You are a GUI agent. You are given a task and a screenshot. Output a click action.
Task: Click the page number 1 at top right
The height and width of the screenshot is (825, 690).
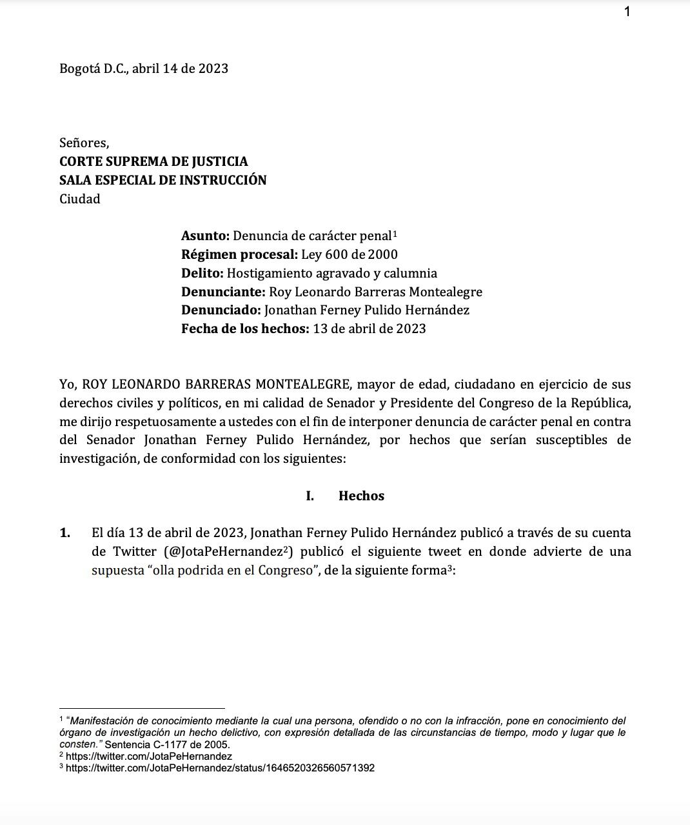tap(627, 11)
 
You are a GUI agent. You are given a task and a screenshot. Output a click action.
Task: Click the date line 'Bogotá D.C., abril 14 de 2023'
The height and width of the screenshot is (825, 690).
tap(144, 68)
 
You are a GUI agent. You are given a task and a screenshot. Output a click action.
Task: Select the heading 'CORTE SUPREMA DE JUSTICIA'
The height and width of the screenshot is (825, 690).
tap(153, 161)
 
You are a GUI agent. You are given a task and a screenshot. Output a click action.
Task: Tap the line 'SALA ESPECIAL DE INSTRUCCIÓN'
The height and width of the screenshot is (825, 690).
tap(163, 180)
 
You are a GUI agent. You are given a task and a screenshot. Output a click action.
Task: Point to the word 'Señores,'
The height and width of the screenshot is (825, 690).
tap(84, 143)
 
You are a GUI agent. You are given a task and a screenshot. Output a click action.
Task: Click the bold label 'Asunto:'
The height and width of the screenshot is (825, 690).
tap(205, 236)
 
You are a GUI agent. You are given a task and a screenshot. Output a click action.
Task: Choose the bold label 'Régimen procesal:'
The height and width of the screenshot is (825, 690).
tap(239, 254)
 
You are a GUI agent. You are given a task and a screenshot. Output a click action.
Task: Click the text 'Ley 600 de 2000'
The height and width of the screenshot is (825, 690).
tap(350, 254)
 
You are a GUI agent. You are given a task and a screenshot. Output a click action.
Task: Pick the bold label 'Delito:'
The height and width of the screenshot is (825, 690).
tap(202, 273)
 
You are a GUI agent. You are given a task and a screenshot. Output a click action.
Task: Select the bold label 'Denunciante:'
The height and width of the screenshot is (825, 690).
tap(223, 292)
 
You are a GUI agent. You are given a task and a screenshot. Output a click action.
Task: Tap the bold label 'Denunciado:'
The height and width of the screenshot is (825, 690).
tap(221, 310)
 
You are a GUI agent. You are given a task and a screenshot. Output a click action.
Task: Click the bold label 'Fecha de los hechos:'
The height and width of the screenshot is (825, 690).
tap(245, 329)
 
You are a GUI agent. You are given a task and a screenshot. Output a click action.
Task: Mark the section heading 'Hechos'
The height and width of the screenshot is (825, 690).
tap(361, 496)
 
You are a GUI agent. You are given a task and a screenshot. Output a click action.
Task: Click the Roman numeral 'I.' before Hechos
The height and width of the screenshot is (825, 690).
tap(310, 496)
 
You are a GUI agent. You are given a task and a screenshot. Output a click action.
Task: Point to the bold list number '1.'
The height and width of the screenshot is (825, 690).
tap(65, 533)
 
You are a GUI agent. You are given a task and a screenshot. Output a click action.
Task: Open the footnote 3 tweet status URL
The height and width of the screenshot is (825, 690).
tap(220, 768)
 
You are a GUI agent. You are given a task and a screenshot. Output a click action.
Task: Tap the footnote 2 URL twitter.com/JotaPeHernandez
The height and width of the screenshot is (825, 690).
tap(149, 756)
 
